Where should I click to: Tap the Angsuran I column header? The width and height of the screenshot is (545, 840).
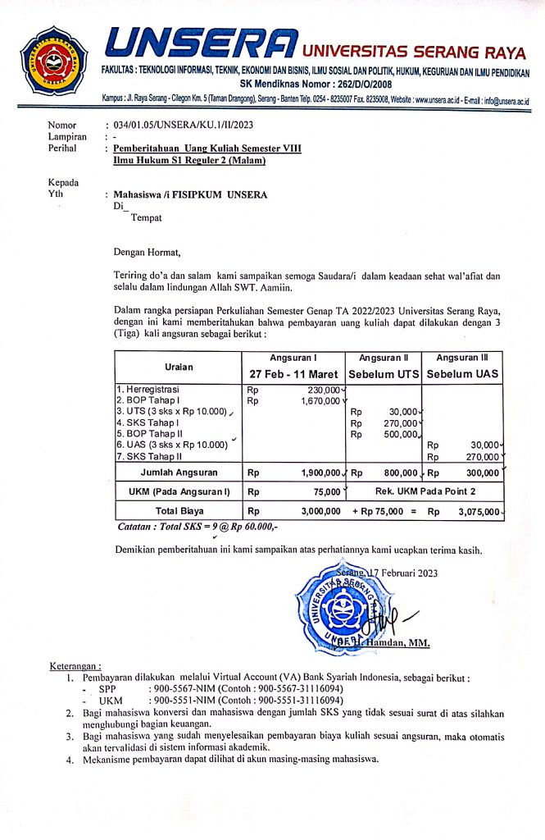click(x=293, y=358)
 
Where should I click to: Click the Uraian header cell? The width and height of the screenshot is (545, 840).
click(x=179, y=366)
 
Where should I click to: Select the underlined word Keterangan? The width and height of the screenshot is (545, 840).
click(x=75, y=667)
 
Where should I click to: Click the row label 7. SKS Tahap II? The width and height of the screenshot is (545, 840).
click(x=150, y=456)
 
